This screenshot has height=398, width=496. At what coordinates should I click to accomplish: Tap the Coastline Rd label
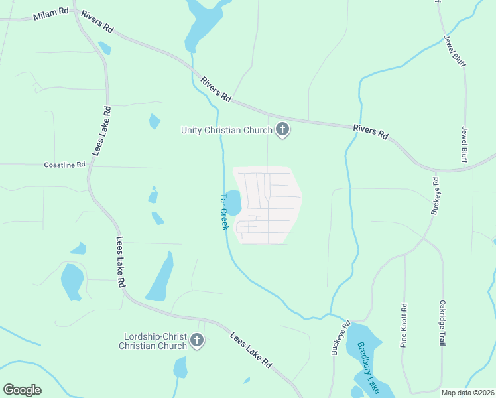pyautogui.click(x=65, y=165)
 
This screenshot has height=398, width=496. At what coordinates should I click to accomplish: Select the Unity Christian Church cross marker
pyautogui.click(x=282, y=130)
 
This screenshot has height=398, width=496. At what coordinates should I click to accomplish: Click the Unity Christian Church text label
pyautogui.click(x=227, y=130)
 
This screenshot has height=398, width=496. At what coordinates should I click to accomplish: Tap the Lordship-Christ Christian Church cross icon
pyautogui.click(x=196, y=341)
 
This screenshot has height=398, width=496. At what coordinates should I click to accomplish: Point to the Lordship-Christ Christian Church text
pyautogui.click(x=153, y=341)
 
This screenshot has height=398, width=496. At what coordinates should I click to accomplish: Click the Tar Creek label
pyautogui.click(x=223, y=212)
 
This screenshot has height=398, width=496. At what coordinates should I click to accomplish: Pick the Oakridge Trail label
pyautogui.click(x=442, y=323)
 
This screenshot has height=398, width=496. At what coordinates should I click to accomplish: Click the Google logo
pyautogui.click(x=22, y=390)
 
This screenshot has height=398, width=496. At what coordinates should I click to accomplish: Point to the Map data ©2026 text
pyautogui.click(x=468, y=393)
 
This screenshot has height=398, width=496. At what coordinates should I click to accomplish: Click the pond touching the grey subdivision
pyautogui.click(x=233, y=202)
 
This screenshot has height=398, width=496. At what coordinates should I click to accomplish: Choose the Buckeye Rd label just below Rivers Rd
pyautogui.click(x=435, y=196)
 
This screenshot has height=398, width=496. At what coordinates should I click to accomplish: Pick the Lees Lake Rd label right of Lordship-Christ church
pyautogui.click(x=251, y=351)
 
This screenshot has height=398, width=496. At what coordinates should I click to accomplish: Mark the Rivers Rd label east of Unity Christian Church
pyautogui.click(x=370, y=131)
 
